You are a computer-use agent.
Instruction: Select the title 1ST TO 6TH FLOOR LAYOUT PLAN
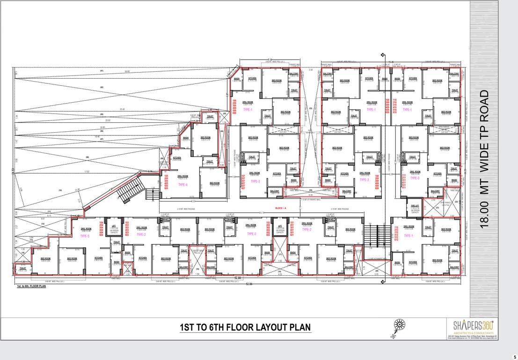(245, 327)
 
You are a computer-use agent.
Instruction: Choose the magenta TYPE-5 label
(85, 236)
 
